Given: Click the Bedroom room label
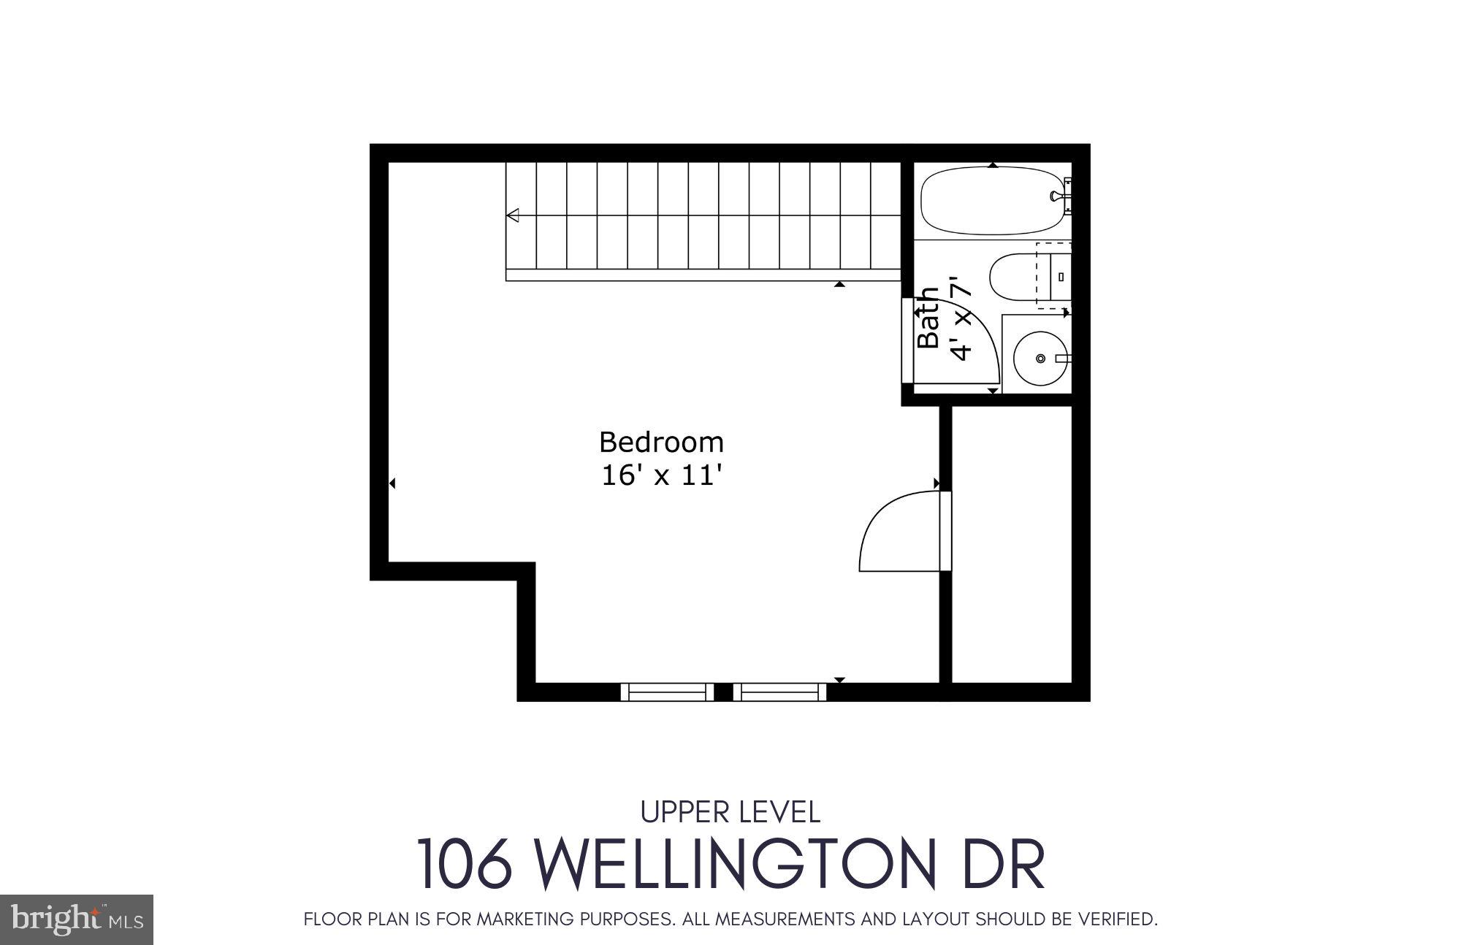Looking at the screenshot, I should tap(661, 443).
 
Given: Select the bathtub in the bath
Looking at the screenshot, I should tap(990, 200).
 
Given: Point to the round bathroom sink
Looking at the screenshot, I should tap(1039, 358).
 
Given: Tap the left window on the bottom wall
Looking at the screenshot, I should tap(667, 692).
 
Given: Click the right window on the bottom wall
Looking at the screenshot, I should tap(779, 692).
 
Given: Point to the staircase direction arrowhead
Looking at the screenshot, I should tap(513, 215).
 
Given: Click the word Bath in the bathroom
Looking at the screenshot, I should tap(928, 318).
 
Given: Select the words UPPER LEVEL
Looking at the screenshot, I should tap(730, 812).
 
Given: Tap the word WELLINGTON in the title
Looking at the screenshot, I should tap(736, 864).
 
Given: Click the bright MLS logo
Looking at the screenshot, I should tap(77, 919).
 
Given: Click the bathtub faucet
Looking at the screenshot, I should tap(1057, 196).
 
